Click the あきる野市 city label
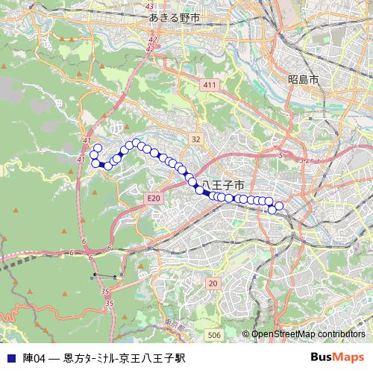point(174,17)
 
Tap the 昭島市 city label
point(303,78)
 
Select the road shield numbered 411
point(209,86)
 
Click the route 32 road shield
point(195,139)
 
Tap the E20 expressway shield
point(154,198)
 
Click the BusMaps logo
point(337,358)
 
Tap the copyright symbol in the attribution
point(245,334)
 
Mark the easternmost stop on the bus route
point(280,205)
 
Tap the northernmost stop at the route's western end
point(97,148)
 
